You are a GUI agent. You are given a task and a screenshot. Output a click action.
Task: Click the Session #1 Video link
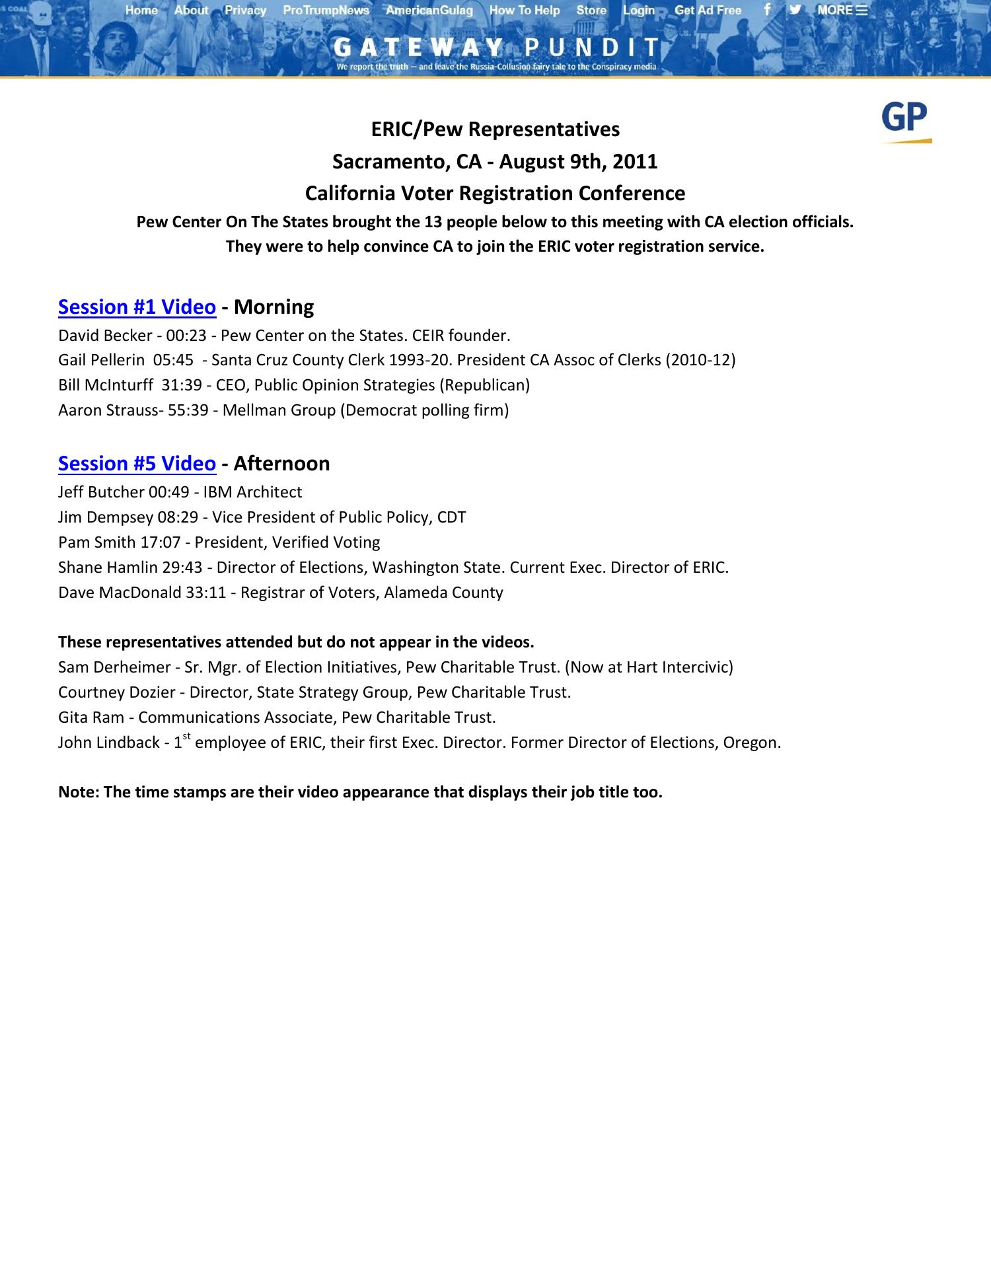coord(137,307)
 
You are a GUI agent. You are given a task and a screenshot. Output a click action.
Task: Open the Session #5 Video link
coord(137,464)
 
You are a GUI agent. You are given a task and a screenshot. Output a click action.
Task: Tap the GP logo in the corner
coord(905,121)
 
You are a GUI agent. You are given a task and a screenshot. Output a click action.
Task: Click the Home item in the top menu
coord(141,11)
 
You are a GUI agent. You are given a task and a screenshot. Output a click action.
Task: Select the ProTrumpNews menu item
coord(326,11)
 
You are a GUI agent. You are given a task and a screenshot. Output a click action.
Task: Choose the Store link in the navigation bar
coord(591,11)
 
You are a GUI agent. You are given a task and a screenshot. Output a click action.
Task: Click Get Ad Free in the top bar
coord(708,11)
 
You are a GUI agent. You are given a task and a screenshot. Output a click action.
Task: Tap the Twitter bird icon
coord(795,10)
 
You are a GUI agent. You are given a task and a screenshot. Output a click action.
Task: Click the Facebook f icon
coord(767,10)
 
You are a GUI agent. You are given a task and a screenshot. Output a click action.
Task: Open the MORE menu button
coord(842,11)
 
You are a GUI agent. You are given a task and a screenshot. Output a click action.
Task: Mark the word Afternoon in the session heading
coord(282,464)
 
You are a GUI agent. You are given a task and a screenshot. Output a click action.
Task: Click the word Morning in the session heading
coord(274,307)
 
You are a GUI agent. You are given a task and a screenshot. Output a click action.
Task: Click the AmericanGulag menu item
coord(429,11)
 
